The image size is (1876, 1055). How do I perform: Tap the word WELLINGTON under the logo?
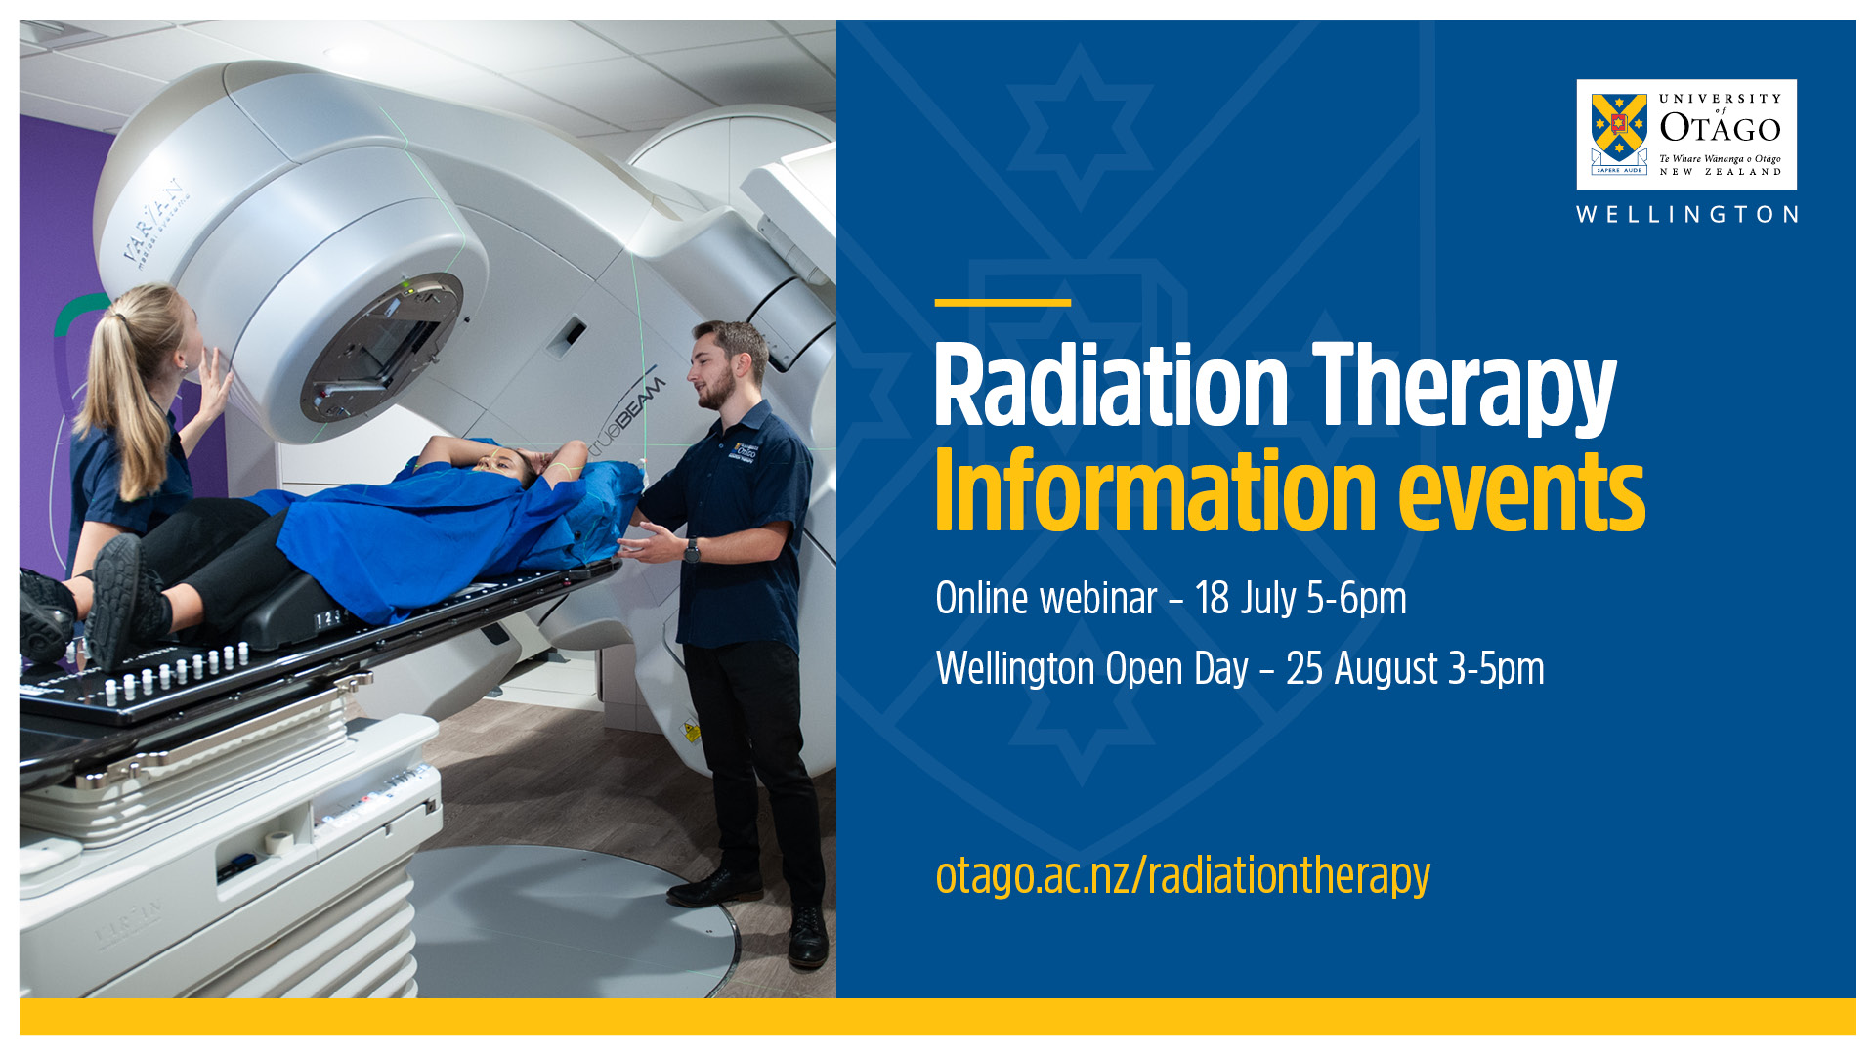click(x=1687, y=215)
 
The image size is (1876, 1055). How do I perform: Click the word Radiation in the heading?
click(x=1112, y=388)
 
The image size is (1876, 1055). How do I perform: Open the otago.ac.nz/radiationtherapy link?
click(x=1182, y=876)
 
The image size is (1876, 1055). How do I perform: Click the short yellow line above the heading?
click(x=1002, y=303)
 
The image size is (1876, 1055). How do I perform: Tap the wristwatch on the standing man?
click(x=692, y=550)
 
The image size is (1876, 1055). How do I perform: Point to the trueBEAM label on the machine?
click(x=626, y=415)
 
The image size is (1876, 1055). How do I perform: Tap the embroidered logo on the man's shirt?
click(x=746, y=451)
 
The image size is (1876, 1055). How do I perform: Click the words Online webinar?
click(x=1046, y=599)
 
